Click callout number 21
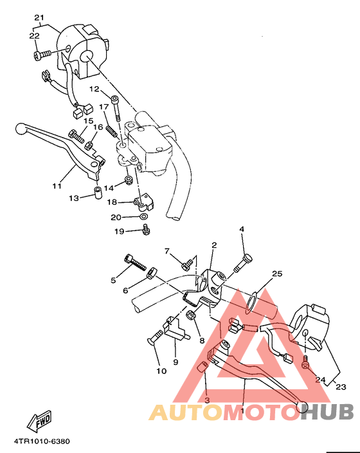click(x=39, y=17)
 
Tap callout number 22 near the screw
click(x=34, y=37)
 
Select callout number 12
click(x=94, y=89)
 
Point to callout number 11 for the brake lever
click(x=57, y=187)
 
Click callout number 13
click(x=74, y=199)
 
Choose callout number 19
click(x=119, y=231)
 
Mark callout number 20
click(x=116, y=217)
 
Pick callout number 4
click(x=242, y=229)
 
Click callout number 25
click(x=276, y=274)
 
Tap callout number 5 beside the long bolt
click(x=113, y=280)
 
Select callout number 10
click(x=161, y=371)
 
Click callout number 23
click(x=341, y=387)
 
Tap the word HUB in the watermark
click(x=328, y=412)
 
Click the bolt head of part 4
click(x=248, y=259)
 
